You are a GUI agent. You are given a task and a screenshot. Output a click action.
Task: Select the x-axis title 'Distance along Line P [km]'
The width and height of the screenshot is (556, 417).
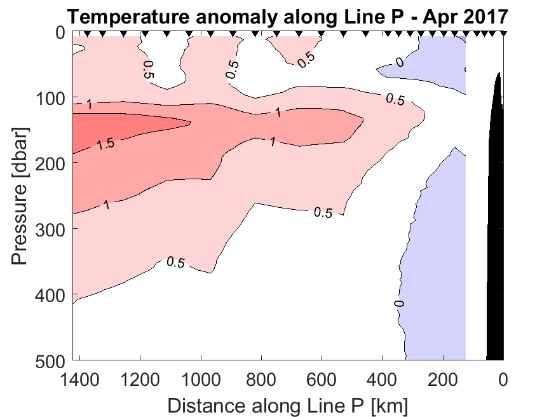[x=287, y=405]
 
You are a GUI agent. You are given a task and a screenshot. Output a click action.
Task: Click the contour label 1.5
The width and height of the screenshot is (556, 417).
[x=105, y=144]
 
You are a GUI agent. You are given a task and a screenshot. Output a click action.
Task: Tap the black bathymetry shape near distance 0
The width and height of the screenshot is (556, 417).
[x=496, y=222]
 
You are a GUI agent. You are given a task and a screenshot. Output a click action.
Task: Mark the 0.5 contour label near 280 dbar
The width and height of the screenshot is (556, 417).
[x=323, y=213]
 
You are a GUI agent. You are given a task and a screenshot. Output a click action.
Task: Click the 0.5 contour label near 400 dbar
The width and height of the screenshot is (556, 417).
[x=175, y=262]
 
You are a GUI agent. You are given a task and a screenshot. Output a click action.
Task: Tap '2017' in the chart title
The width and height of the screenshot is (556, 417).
[x=485, y=16]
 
